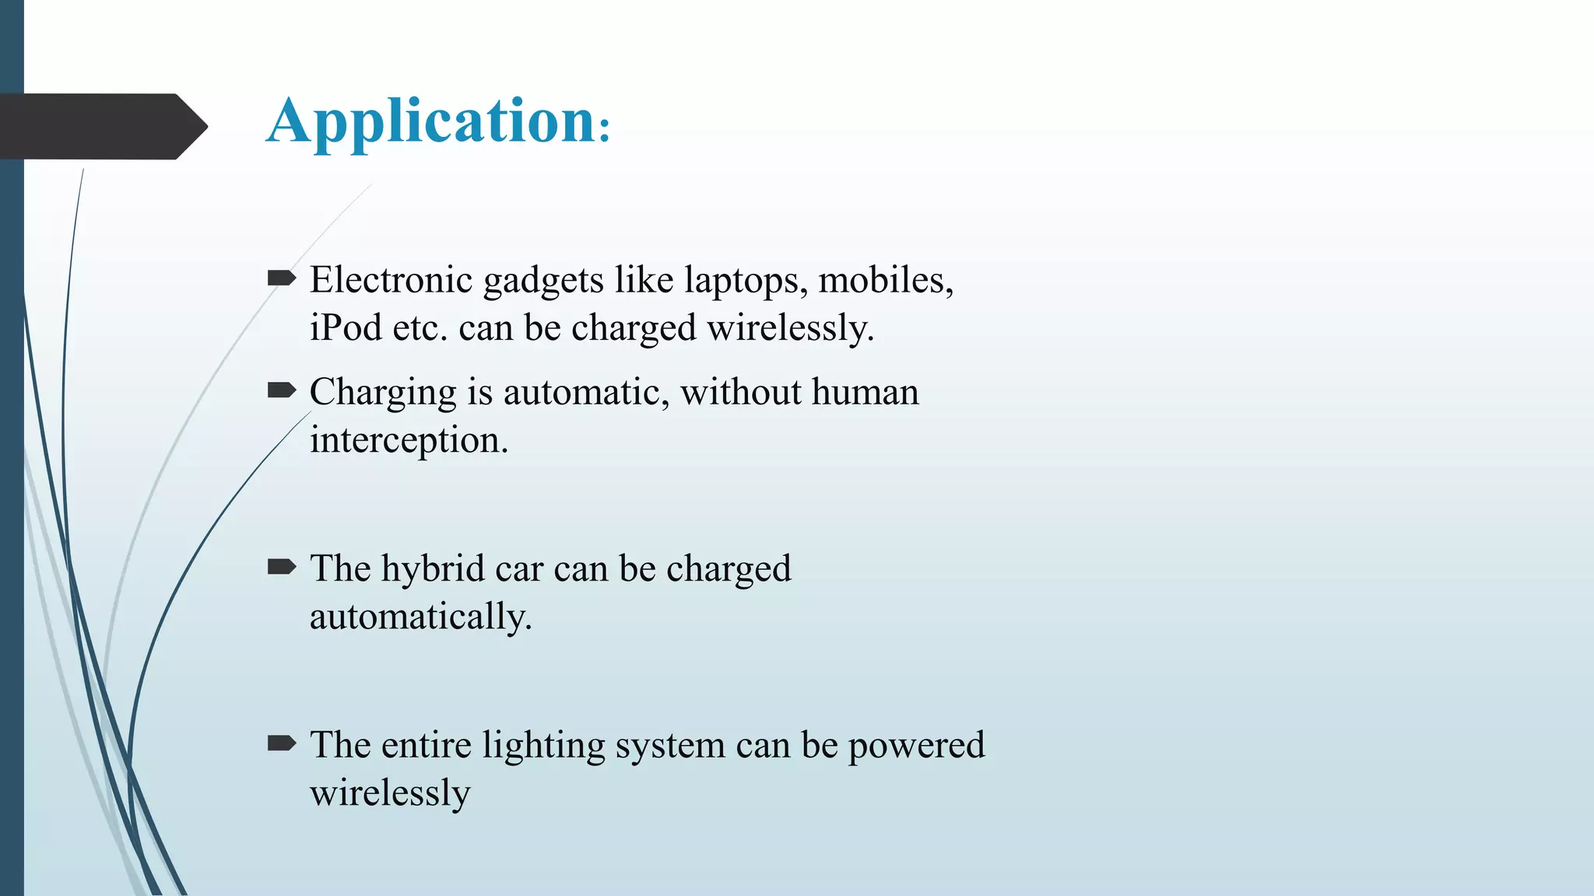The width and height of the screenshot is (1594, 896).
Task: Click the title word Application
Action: click(432, 123)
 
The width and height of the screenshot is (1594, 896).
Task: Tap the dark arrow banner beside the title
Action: click(101, 126)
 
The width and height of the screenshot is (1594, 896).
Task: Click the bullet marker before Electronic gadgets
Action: click(281, 278)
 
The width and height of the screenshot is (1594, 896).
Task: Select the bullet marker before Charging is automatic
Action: click(281, 390)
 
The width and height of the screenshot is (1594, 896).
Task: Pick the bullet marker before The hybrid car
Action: click(281, 567)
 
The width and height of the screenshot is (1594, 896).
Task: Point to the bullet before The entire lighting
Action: click(281, 744)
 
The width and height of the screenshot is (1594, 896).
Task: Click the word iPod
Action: click(346, 328)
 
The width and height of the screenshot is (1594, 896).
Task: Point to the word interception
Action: click(409, 441)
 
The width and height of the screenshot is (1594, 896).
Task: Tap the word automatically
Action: click(420, 618)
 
